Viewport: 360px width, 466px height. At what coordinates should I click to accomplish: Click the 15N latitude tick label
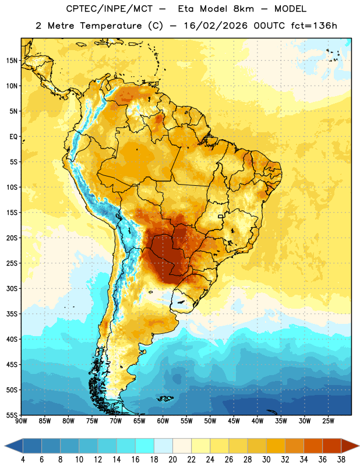click(x=12, y=61)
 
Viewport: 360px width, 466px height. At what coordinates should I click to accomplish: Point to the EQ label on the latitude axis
click(x=13, y=137)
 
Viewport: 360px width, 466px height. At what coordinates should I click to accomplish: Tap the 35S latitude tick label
click(x=12, y=314)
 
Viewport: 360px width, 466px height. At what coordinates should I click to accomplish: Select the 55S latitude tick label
click(x=12, y=415)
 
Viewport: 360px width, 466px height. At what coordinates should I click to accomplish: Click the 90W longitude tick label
click(x=21, y=421)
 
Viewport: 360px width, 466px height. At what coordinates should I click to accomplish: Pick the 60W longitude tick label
click(x=163, y=421)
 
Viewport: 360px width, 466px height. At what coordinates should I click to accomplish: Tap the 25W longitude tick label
click(x=328, y=421)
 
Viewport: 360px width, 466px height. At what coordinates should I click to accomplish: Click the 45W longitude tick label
click(x=234, y=421)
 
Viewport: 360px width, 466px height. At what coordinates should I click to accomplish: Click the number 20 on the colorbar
click(x=172, y=460)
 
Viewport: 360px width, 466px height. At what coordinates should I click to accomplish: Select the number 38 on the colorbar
click(x=341, y=460)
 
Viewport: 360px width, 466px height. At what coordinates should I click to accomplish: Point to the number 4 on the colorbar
click(x=23, y=460)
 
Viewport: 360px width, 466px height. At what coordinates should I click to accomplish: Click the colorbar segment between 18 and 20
click(x=163, y=446)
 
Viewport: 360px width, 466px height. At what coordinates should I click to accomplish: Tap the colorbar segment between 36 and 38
click(x=332, y=446)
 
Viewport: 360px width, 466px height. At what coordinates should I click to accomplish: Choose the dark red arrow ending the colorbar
click(x=350, y=446)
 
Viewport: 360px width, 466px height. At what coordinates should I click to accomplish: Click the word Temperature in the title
click(x=111, y=26)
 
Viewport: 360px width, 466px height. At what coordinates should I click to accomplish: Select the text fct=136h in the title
click(x=314, y=26)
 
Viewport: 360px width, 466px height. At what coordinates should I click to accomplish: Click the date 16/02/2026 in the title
click(x=216, y=26)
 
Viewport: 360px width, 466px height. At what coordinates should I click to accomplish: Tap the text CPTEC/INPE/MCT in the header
click(x=110, y=9)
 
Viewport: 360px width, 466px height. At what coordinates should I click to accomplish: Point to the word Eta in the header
click(x=186, y=9)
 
